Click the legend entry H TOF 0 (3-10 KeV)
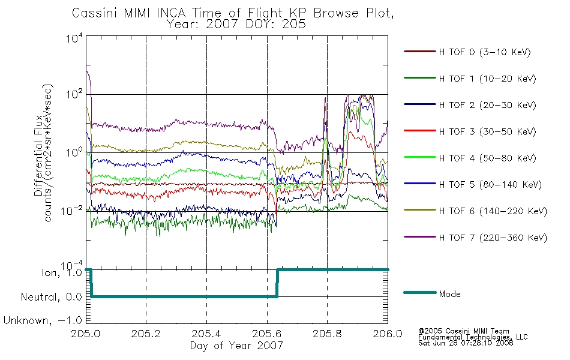pos(485,52)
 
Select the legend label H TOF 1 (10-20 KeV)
pos(487,79)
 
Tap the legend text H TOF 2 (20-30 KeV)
pos(487,105)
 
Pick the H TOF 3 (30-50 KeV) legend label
pos(487,131)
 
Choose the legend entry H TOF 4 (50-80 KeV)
pos(487,158)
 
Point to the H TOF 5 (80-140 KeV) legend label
pos(490,185)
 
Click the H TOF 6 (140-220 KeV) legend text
pos(493,211)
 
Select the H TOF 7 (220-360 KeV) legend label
pos(493,238)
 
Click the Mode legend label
pos(449,294)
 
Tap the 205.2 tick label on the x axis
pos(146,334)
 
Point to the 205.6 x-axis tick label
pos(267,334)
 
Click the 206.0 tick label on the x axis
pos(388,334)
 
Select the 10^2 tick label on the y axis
pos(74,94)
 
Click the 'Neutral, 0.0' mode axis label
pos(51,297)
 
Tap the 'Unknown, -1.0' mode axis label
pos(43,320)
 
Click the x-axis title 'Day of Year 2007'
pos(236,346)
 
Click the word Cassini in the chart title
pos(95,13)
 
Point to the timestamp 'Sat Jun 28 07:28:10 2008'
pos(466,343)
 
